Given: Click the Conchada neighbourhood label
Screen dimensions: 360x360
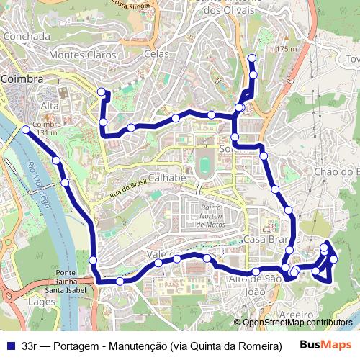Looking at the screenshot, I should click(x=27, y=36).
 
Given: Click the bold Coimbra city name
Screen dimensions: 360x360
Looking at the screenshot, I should click(x=22, y=78).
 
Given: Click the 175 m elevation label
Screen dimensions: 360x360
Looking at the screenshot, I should click(x=286, y=49).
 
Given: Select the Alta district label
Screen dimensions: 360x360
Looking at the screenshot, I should click(x=50, y=106).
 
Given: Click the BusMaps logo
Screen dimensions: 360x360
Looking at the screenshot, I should click(x=327, y=346).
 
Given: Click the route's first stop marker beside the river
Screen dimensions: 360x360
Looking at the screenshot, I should click(x=26, y=130).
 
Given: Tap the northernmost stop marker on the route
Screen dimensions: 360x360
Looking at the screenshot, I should click(x=252, y=58).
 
